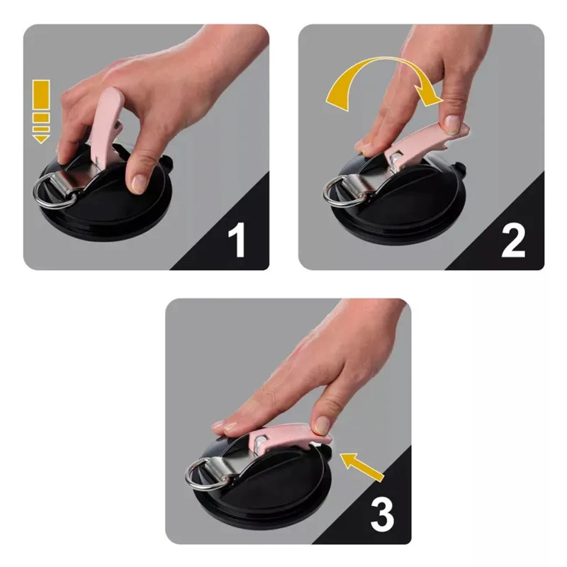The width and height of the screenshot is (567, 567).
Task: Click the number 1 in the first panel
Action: pos(237,240)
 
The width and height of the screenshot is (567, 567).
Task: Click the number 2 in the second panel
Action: pos(513,240)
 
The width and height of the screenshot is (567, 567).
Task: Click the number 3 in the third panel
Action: pos(382,515)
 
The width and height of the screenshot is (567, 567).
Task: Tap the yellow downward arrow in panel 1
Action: pos(41,112)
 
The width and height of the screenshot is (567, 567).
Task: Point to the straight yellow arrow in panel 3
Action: pos(362,467)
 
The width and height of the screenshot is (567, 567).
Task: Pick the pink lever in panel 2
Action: pos(427,145)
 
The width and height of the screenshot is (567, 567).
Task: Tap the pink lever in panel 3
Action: pos(289,437)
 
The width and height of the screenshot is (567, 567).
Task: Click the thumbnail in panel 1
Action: pos(138,184)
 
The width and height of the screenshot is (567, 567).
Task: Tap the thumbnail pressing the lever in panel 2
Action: pos(451,122)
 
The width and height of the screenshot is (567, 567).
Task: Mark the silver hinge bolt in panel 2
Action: pos(397,158)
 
